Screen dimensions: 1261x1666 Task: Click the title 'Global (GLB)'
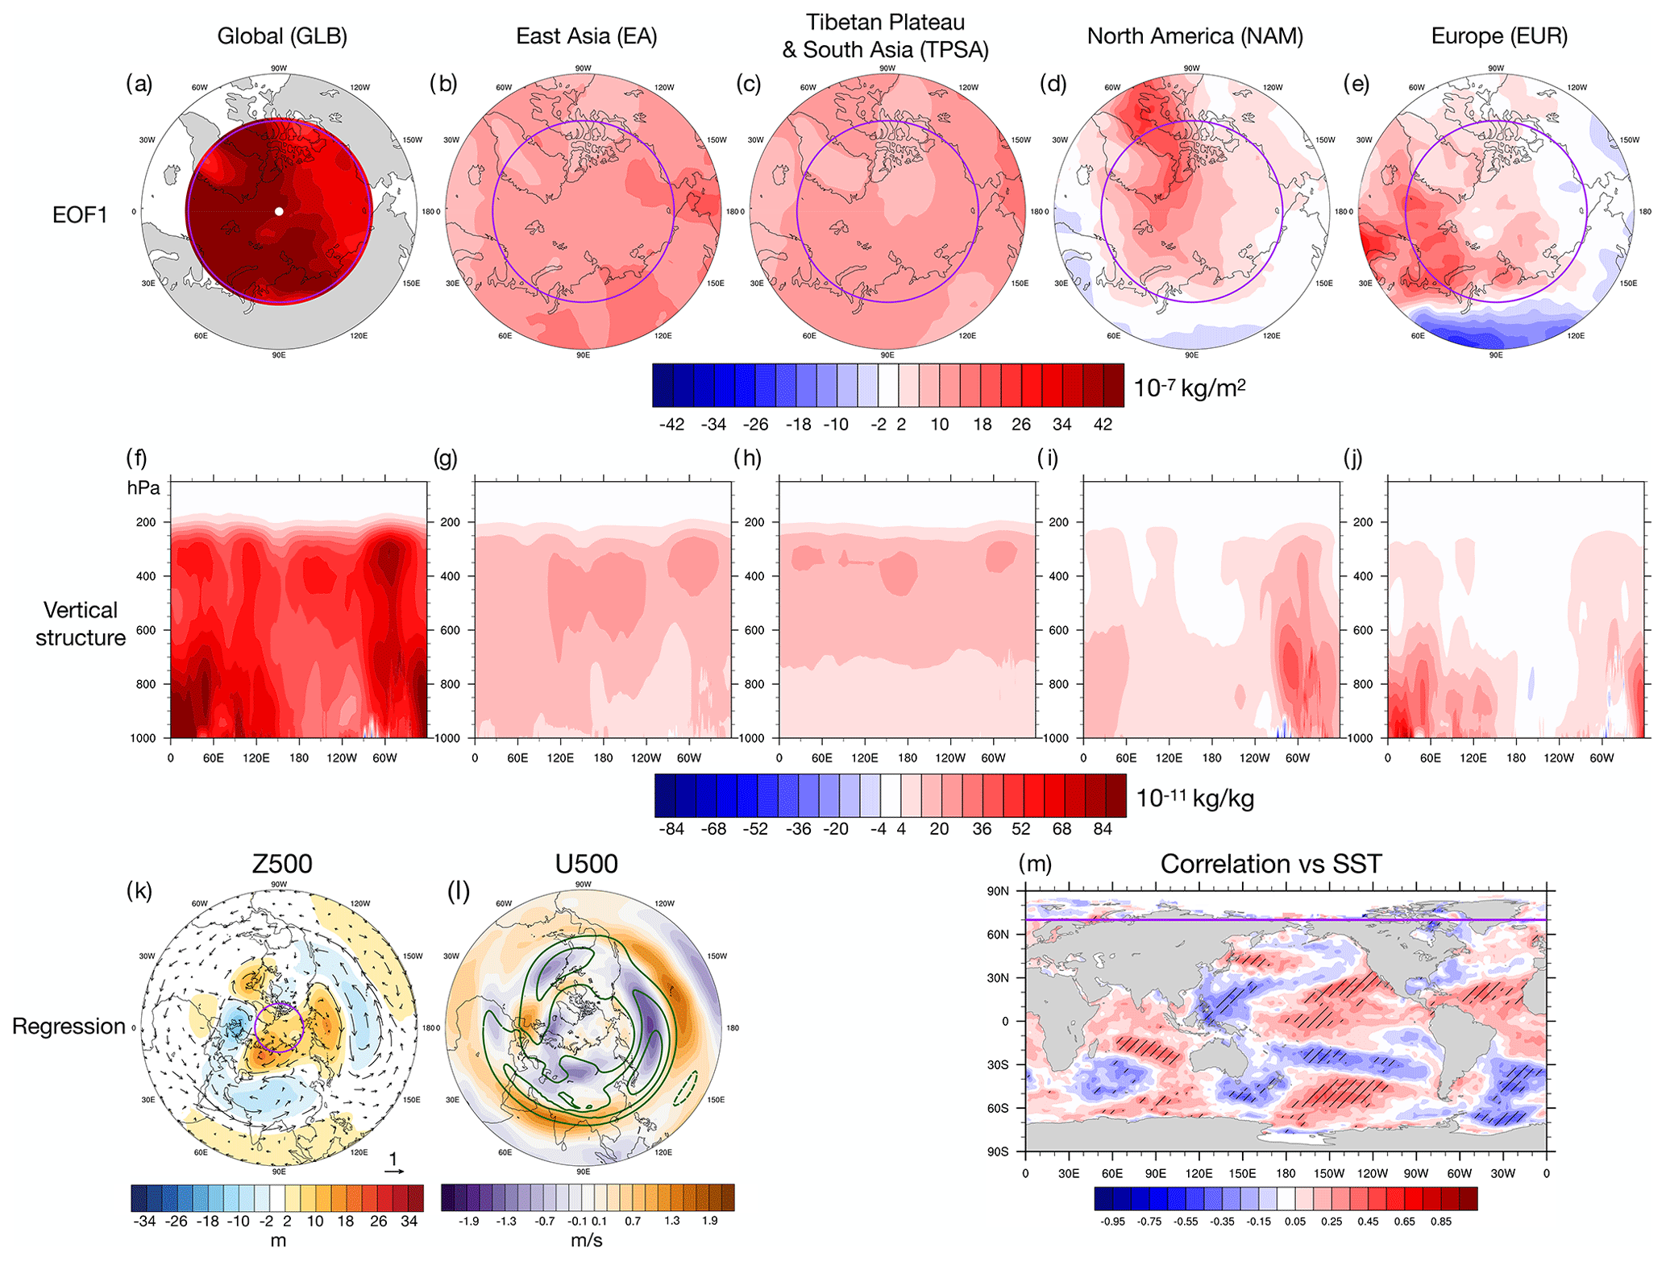pyautogui.click(x=282, y=36)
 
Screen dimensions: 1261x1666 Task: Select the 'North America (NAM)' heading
pyautogui.click(x=1194, y=36)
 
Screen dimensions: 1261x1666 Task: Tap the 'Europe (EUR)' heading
pyautogui.click(x=1499, y=36)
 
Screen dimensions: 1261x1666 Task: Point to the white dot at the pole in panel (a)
pyautogui.click(x=279, y=211)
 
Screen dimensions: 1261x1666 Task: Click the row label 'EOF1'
pyautogui.click(x=80, y=215)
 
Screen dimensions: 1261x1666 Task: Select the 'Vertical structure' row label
pyautogui.click(x=81, y=624)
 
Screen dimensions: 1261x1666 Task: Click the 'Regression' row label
pyautogui.click(x=69, y=1027)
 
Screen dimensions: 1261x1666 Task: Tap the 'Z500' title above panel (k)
pyautogui.click(x=282, y=864)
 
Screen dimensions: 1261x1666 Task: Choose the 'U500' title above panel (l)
pyautogui.click(x=586, y=864)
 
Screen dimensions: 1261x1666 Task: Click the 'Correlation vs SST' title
pyautogui.click(x=1271, y=864)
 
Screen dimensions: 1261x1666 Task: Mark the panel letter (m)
pyautogui.click(x=1036, y=863)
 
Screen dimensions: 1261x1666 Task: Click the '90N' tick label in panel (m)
pyautogui.click(x=998, y=891)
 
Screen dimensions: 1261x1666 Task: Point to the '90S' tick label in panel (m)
pyautogui.click(x=998, y=1151)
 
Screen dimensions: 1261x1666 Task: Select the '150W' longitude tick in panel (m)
pyautogui.click(x=1329, y=1173)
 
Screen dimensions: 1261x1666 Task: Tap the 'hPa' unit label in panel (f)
pyautogui.click(x=143, y=488)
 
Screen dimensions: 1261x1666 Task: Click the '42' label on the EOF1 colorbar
pyautogui.click(x=1103, y=425)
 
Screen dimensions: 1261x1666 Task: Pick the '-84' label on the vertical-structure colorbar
pyautogui.click(x=671, y=829)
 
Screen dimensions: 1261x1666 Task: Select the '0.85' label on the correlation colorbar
pyautogui.click(x=1441, y=1222)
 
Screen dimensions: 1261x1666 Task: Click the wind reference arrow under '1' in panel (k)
pyautogui.click(x=394, y=1172)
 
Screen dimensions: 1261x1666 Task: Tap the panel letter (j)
pyautogui.click(x=1353, y=458)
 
